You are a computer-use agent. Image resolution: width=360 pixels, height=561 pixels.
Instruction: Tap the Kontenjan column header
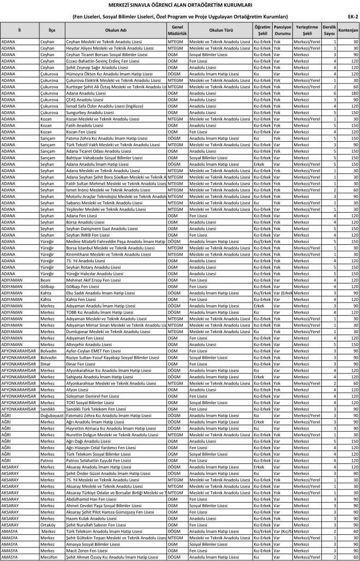point(348,29)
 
